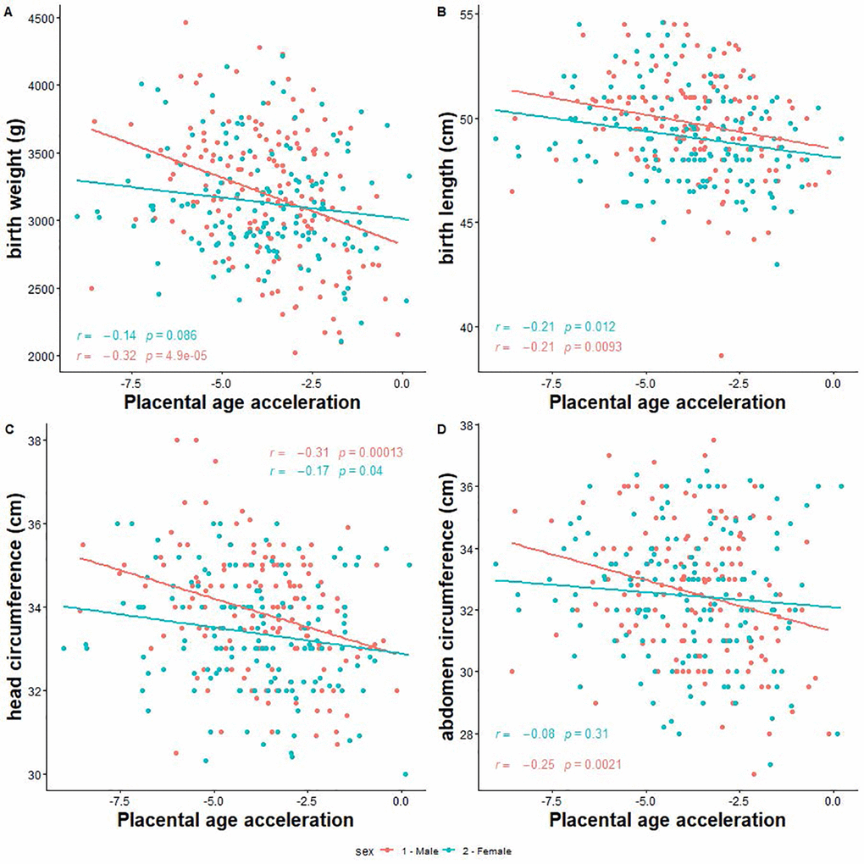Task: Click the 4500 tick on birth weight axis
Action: coord(36,18)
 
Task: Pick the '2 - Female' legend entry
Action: coord(485,850)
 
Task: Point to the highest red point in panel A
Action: coord(186,22)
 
